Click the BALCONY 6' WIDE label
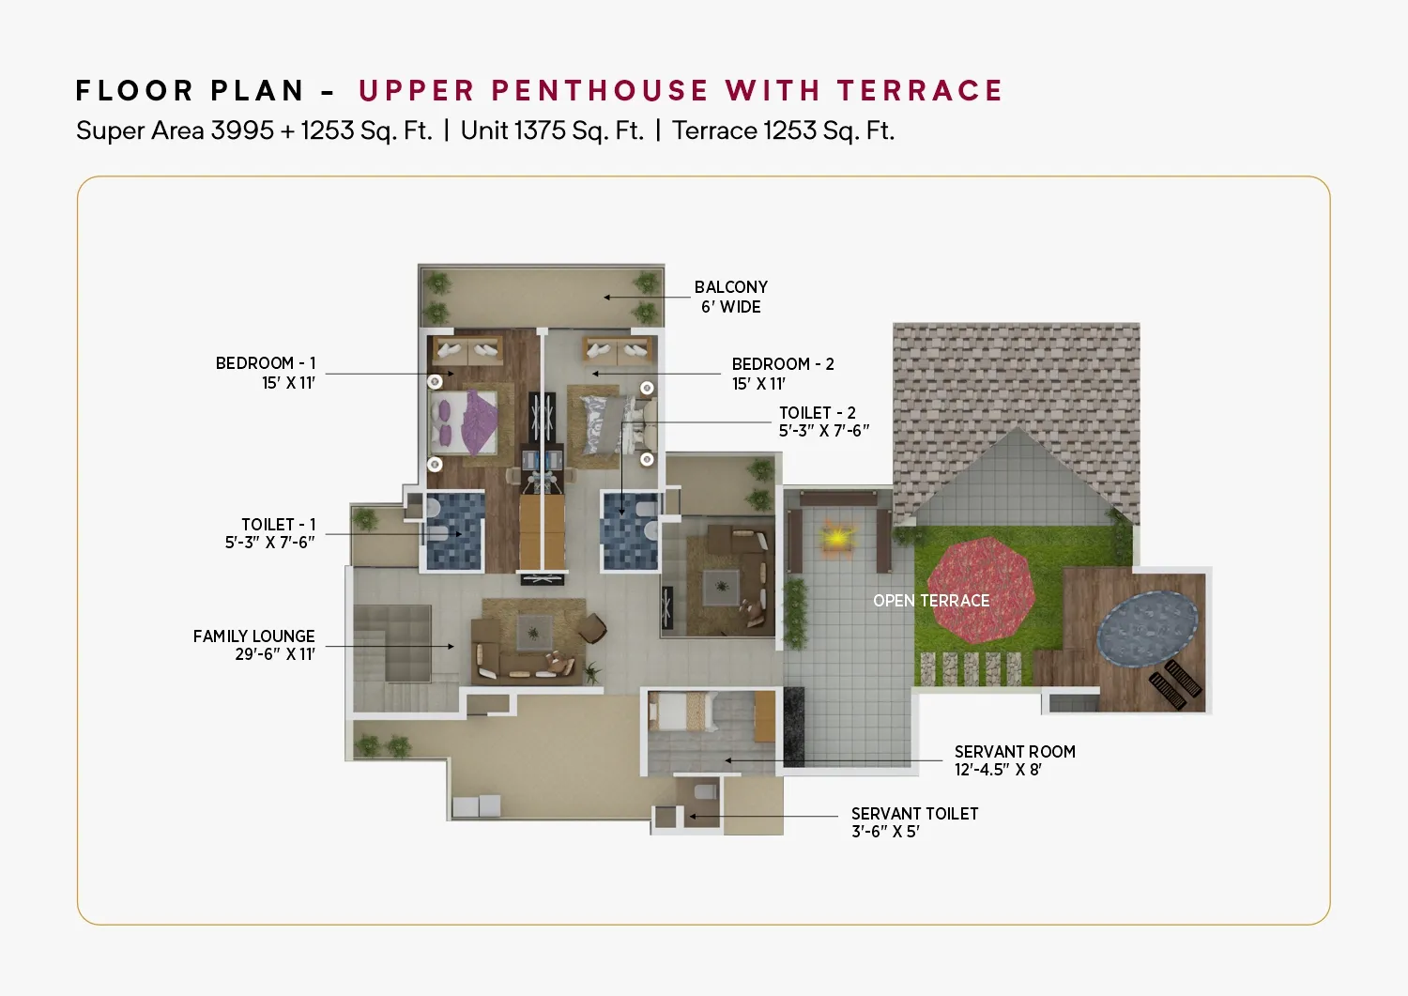pos(731,297)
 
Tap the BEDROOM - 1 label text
pos(266,363)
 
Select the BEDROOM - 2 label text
pos(783,364)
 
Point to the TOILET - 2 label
pos(823,421)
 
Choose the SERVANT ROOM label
pos(1015,760)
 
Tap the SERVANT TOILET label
pos(914,822)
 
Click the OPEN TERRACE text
pos(931,601)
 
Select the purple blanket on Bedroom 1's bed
pos(479,421)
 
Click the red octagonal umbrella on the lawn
pos(981,590)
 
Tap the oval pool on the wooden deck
pos(1146,629)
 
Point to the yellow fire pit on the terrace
pos(836,538)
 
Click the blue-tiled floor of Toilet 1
pos(453,532)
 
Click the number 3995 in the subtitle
pos(242,130)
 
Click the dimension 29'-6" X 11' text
pos(275,654)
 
